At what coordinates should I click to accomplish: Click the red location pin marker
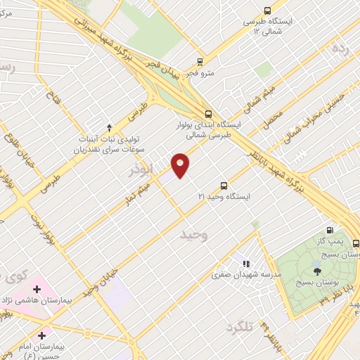click(x=181, y=165)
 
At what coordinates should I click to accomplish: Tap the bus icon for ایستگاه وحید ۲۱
click(x=224, y=186)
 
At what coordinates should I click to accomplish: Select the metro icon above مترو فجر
click(x=200, y=61)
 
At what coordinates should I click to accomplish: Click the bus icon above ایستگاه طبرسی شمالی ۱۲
click(x=266, y=10)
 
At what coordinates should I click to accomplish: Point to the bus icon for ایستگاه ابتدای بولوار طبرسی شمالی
click(x=207, y=113)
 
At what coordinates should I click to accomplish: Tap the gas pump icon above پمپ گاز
click(x=330, y=229)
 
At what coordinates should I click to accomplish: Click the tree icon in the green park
click(x=317, y=270)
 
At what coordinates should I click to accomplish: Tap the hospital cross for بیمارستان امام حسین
click(x=43, y=336)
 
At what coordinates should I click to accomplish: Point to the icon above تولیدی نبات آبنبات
click(x=109, y=127)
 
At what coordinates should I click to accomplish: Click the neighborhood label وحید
click(x=195, y=233)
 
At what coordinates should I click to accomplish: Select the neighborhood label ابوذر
click(x=141, y=169)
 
